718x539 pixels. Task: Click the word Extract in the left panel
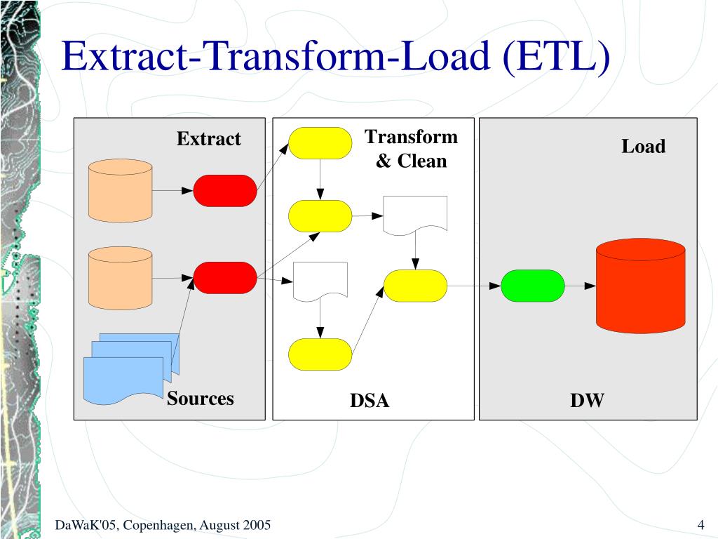click(208, 139)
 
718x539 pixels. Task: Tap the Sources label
click(200, 399)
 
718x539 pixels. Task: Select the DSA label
click(370, 401)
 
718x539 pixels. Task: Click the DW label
click(587, 401)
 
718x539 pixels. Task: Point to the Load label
click(643, 147)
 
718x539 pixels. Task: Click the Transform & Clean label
click(411, 149)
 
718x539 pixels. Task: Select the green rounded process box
click(533, 286)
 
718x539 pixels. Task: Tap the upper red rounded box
click(225, 190)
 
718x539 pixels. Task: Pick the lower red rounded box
click(225, 278)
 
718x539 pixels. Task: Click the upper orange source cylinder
click(121, 190)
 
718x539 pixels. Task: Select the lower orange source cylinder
click(121, 278)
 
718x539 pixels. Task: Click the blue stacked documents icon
click(132, 369)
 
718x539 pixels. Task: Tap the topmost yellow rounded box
click(320, 143)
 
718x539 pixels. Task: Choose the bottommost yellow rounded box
click(320, 354)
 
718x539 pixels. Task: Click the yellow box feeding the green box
click(416, 286)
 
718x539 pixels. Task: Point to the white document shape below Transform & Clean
click(415, 215)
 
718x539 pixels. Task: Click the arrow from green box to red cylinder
click(581, 286)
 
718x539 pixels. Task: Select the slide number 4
click(700, 526)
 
